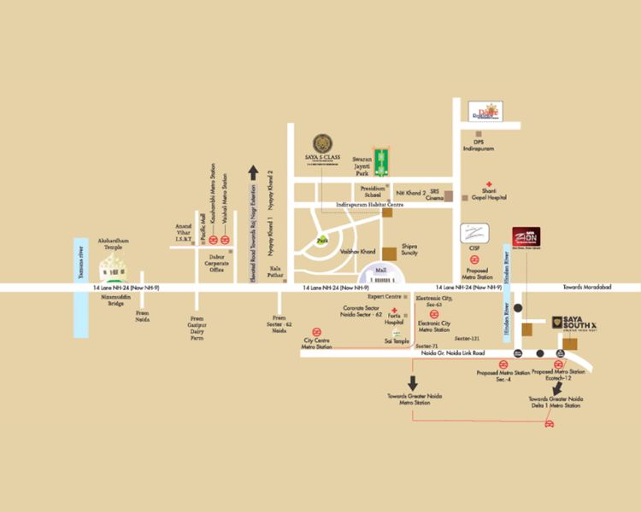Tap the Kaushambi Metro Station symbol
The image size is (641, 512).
(213, 240)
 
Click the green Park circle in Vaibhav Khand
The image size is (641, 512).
(323, 241)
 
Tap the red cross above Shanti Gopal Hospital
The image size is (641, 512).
(490, 185)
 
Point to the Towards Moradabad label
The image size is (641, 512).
(585, 288)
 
